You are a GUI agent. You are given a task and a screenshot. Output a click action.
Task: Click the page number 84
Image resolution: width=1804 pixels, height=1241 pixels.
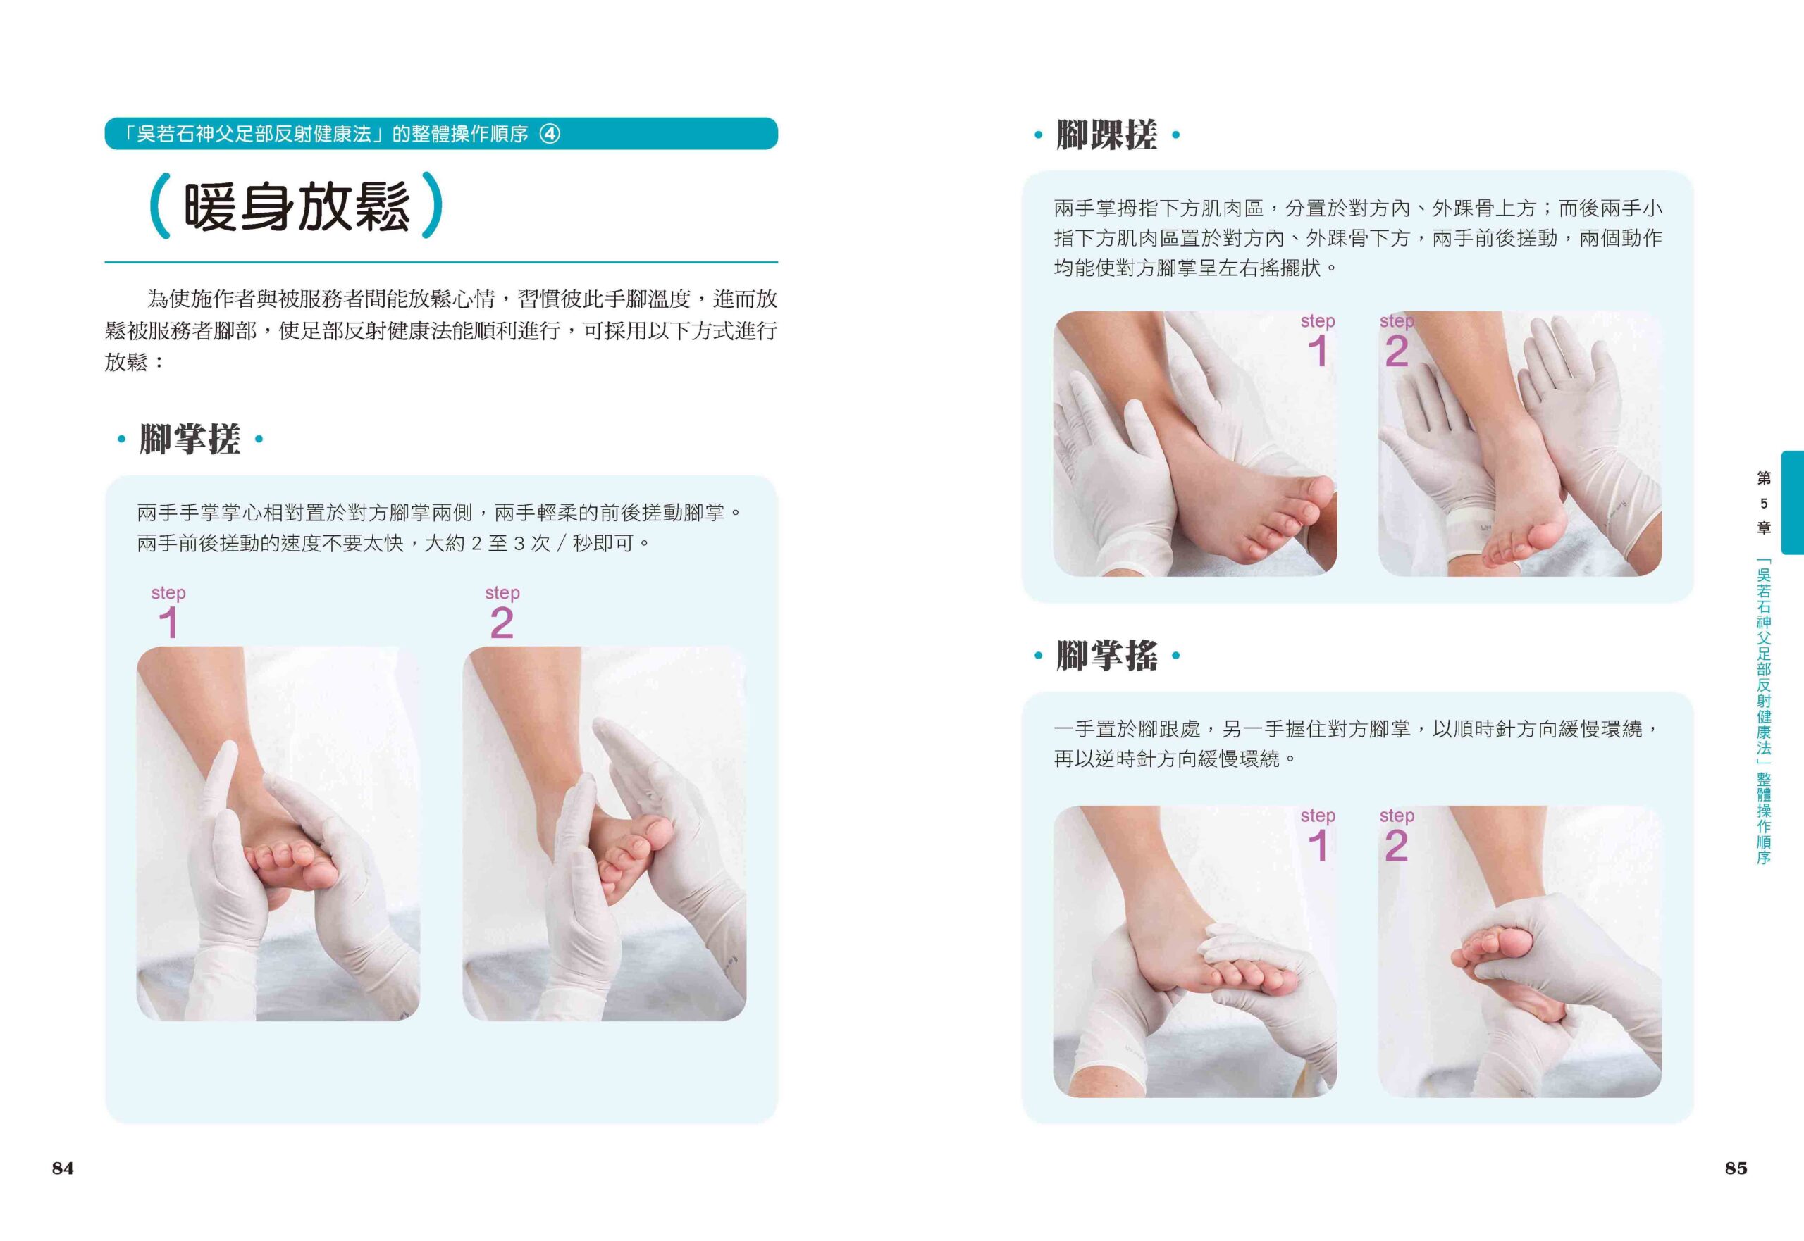pyautogui.click(x=62, y=1168)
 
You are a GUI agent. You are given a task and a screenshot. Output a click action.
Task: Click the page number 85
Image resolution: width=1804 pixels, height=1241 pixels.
pyautogui.click(x=1736, y=1168)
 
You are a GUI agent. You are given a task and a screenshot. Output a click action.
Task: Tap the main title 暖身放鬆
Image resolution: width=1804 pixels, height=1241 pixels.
pyautogui.click(x=297, y=207)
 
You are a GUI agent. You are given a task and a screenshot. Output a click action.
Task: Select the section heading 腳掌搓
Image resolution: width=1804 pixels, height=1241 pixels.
pyautogui.click(x=189, y=439)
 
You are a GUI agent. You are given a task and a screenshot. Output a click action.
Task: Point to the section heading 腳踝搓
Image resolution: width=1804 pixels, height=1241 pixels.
pyautogui.click(x=1106, y=135)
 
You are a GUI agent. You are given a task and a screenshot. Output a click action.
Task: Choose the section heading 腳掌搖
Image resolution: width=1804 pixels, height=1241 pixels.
pyautogui.click(x=1106, y=656)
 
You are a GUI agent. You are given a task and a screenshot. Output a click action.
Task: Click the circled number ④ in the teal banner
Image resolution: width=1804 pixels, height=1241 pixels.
pyautogui.click(x=550, y=134)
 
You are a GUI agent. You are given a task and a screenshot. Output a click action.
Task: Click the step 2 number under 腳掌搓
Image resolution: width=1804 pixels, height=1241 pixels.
pyautogui.click(x=502, y=623)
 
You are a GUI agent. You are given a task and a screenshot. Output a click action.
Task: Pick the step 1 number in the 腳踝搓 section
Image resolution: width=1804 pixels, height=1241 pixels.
pyautogui.click(x=1318, y=351)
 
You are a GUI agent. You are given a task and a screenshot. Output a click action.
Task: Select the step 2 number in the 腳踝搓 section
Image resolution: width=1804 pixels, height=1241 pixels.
pyautogui.click(x=1397, y=351)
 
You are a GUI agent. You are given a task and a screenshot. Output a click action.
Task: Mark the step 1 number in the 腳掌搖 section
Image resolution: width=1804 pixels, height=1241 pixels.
pyautogui.click(x=1318, y=845)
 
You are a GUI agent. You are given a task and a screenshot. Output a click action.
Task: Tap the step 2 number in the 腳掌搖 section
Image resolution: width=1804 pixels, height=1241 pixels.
pyautogui.click(x=1397, y=845)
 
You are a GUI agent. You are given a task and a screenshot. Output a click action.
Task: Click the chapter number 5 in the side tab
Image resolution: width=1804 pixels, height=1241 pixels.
pyautogui.click(x=1764, y=503)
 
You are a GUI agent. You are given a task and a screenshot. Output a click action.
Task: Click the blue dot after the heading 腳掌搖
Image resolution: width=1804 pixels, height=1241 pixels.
pyautogui.click(x=1175, y=656)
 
